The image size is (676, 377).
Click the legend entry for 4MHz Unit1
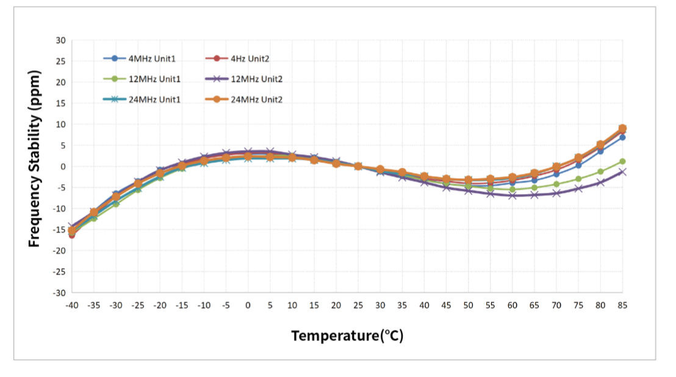click(x=140, y=59)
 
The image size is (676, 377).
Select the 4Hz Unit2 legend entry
click(x=237, y=59)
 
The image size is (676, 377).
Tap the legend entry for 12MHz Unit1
click(x=142, y=79)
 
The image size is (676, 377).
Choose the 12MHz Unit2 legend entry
click(x=244, y=79)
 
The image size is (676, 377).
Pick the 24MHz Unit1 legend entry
click(x=142, y=99)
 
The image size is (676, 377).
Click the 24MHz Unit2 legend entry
click(x=244, y=99)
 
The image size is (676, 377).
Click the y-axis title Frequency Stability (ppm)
click(x=34, y=159)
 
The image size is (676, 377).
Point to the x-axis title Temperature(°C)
click(x=348, y=336)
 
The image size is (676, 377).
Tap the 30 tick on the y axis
click(x=61, y=40)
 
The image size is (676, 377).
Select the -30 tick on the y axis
click(x=60, y=293)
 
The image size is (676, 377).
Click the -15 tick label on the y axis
click(x=60, y=229)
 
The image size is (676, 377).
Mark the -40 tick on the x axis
click(x=72, y=306)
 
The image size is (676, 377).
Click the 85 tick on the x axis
click(x=622, y=306)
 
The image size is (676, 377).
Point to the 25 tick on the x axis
click(x=358, y=306)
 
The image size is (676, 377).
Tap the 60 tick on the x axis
click(x=512, y=306)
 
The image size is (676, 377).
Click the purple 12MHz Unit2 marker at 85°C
click(x=622, y=172)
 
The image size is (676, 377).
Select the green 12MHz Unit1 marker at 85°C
click(x=622, y=162)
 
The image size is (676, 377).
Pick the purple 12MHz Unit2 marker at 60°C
click(x=512, y=196)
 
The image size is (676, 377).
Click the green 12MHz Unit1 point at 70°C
click(x=556, y=184)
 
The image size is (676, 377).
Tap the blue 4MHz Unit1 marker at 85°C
click(x=622, y=137)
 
